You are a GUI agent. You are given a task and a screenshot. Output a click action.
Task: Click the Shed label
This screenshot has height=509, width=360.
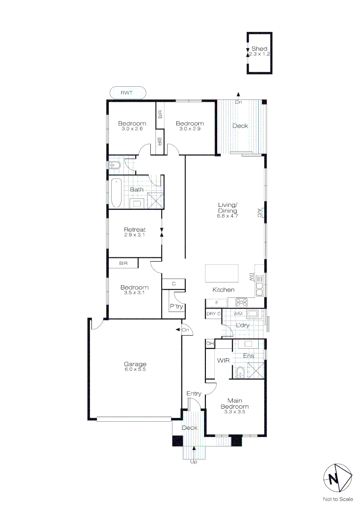[259, 49]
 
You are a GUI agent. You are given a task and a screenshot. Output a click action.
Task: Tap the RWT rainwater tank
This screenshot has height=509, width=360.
[127, 93]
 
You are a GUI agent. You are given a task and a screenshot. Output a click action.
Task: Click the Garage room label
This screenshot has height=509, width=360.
[135, 364]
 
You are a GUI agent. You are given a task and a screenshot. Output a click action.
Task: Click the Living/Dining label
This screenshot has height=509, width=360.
[228, 207]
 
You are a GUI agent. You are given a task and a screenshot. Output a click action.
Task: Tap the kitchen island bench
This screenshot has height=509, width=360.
[222, 273]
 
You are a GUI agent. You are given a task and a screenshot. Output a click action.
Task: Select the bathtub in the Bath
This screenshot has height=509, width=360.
[116, 193]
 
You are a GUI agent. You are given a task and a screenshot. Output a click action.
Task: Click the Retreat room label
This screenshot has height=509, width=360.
[135, 230]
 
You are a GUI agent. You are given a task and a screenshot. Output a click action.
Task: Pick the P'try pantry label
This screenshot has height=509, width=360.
[176, 306]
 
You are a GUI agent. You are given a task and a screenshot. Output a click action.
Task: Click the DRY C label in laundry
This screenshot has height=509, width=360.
[213, 313]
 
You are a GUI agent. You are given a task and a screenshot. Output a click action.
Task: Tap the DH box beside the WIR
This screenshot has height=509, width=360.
[210, 344]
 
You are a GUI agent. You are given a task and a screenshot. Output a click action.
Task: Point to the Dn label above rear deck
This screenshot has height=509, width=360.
[238, 102]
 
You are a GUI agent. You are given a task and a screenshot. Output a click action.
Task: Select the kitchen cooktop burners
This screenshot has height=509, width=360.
[242, 303]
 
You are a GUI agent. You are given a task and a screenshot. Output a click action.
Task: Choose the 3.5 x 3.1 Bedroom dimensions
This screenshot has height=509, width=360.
[134, 293]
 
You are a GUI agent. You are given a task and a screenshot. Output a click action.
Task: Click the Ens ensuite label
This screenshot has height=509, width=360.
[249, 356]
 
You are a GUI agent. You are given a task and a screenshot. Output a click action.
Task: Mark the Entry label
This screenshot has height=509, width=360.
[194, 394]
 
